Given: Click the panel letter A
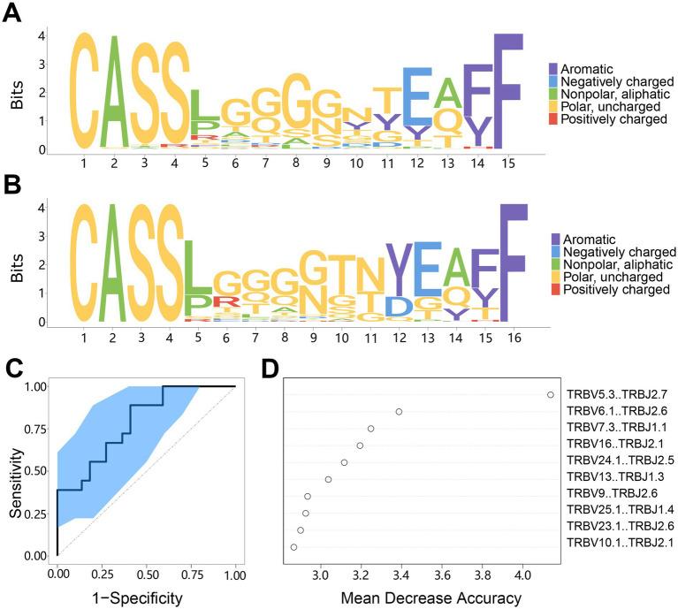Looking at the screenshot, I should click(x=12, y=16).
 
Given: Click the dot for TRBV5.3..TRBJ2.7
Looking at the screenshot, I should click(x=550, y=395).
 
